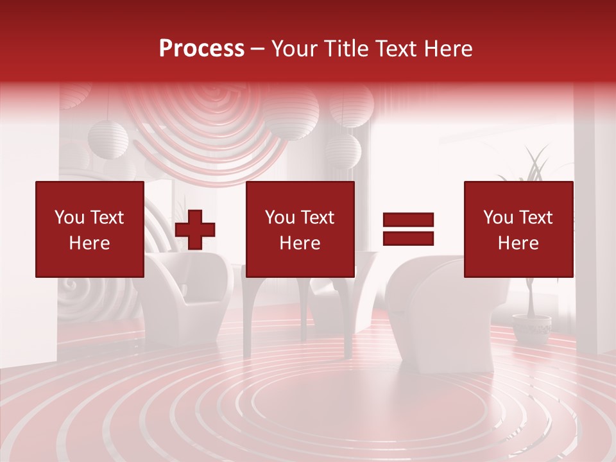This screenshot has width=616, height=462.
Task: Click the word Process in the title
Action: click(x=201, y=49)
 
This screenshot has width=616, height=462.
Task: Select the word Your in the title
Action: click(x=295, y=49)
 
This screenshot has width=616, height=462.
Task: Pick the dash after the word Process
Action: click(x=258, y=49)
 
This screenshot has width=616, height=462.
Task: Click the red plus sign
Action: click(x=195, y=230)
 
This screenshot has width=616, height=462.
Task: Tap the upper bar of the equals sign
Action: click(x=408, y=220)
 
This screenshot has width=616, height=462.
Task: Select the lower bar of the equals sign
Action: click(x=408, y=239)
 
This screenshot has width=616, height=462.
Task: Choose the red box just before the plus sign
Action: click(x=90, y=229)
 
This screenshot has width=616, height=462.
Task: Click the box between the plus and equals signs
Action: click(x=300, y=229)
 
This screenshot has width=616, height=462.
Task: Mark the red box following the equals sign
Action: click(x=518, y=229)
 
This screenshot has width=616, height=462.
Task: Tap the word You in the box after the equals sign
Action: click(x=498, y=218)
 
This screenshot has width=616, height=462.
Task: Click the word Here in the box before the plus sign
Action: click(x=90, y=243)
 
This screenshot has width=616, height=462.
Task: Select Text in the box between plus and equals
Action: click(x=317, y=218)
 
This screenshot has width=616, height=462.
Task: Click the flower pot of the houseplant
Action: click(x=531, y=328)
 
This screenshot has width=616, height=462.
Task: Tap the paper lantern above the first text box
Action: click(x=108, y=138)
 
